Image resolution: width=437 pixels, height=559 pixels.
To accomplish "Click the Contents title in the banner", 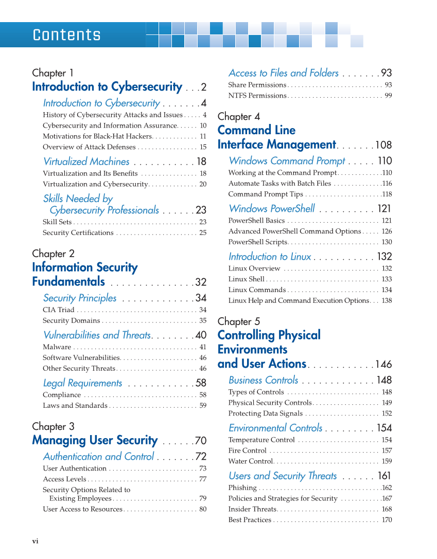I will (66, 35).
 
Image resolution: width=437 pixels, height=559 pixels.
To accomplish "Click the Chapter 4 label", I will (239, 116).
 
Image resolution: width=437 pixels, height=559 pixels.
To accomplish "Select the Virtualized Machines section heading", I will (86, 161).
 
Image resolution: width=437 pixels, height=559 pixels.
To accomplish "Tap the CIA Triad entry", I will (58, 310).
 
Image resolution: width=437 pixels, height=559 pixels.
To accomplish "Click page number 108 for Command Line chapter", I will (383, 145).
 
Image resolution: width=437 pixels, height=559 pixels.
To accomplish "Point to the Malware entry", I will (57, 347).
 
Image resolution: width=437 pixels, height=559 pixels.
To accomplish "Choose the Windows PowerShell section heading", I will (272, 209).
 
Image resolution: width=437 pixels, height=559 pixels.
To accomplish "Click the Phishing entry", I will (242, 488).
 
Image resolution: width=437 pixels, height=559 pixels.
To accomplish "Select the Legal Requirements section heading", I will (82, 383).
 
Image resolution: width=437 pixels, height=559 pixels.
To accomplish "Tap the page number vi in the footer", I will (36, 541).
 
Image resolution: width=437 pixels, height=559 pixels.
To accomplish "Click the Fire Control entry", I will (247, 450).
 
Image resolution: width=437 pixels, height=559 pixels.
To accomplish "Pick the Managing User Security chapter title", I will (95, 440).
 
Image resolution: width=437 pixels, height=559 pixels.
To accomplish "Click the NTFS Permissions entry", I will (257, 96).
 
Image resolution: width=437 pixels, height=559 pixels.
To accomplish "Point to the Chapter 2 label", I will (53, 254).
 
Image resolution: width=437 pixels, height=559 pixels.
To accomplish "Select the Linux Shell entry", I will (246, 279).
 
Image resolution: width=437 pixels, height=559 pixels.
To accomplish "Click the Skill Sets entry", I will (57, 222).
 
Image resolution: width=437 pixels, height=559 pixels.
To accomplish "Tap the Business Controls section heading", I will (263, 380).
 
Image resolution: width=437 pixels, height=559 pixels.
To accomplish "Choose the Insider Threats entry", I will (252, 509).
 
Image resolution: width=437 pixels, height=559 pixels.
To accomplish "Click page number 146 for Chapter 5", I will (383, 365).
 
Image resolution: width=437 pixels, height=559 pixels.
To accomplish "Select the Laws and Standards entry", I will (75, 406).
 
